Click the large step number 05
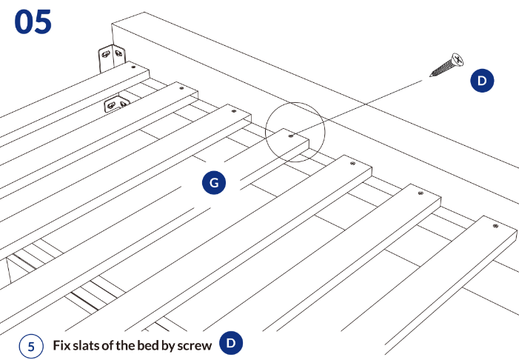tap(33, 21)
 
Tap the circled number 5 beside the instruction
tap(31, 346)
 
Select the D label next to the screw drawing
tap(482, 81)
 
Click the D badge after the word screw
tap(231, 343)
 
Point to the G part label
tap(214, 182)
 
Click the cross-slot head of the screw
tap(458, 59)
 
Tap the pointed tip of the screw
tap(430, 76)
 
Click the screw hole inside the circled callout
tap(291, 136)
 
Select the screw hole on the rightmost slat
tap(495, 226)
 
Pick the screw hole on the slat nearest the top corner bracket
tap(133, 67)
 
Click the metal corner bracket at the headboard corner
tap(112, 57)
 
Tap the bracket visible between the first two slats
tap(116, 103)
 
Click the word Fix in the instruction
tap(62, 345)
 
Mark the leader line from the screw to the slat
tap(357, 108)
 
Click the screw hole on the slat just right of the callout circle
tap(352, 163)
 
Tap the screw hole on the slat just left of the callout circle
tap(234, 111)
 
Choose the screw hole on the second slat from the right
tap(421, 193)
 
